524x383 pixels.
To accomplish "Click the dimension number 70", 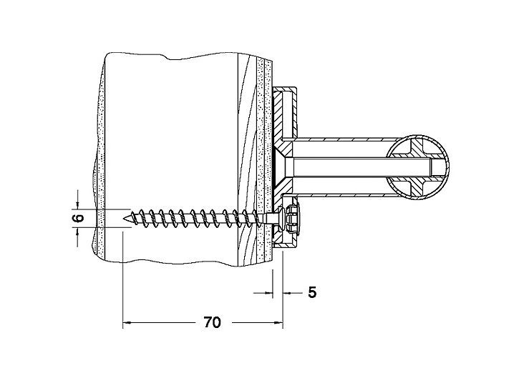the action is (x=212, y=322).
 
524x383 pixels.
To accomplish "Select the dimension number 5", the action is (x=312, y=292).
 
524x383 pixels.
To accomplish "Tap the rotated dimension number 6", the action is (x=78, y=218).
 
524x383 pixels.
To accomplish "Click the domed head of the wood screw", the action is (x=281, y=219).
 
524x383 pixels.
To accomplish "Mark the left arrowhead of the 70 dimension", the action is (x=127, y=322).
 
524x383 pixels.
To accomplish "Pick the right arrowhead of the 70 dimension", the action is (x=279, y=322).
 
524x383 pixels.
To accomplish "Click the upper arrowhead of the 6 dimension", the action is (x=77, y=205).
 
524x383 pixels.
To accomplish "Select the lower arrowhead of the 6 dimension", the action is (x=77, y=232).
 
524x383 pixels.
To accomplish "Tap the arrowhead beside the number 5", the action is (x=287, y=293).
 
